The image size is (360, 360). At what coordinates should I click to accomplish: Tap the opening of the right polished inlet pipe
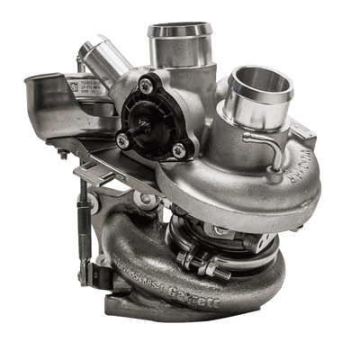(x=264, y=85)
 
